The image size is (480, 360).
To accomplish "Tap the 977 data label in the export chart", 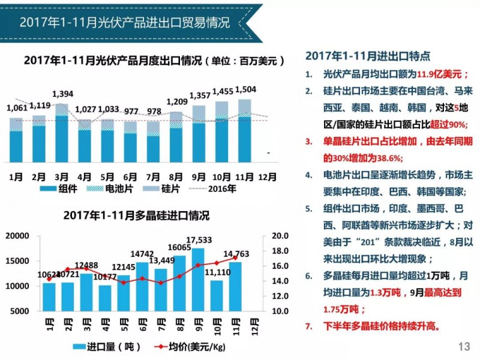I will tap(131, 111).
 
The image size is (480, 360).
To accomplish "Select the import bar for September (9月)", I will tap(198, 280).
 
